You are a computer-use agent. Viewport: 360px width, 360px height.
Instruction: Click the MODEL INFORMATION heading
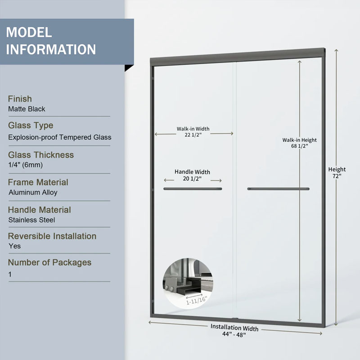click(51, 41)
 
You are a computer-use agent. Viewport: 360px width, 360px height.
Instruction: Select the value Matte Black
click(27, 109)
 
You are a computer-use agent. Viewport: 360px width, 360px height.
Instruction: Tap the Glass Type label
click(31, 126)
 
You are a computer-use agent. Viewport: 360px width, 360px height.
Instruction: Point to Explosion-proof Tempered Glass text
click(60, 137)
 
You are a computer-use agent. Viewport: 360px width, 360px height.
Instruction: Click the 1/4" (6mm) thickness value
click(26, 165)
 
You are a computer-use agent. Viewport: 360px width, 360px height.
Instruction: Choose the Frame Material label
click(38, 182)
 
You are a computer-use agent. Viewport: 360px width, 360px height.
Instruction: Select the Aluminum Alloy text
click(33, 193)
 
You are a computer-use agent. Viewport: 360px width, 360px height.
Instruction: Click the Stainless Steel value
click(31, 220)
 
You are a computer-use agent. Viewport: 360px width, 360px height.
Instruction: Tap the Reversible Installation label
click(52, 236)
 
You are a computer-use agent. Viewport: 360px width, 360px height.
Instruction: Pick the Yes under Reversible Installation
click(15, 246)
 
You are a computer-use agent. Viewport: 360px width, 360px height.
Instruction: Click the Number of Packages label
click(49, 262)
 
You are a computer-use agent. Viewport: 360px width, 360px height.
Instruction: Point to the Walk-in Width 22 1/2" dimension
click(193, 132)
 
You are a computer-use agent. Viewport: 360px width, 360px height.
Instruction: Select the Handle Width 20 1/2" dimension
click(193, 175)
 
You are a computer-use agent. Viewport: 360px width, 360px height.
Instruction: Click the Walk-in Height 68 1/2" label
click(299, 143)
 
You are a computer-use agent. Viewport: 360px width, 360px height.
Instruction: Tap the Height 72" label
click(337, 173)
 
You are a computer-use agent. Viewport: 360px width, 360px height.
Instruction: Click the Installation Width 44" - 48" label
click(234, 331)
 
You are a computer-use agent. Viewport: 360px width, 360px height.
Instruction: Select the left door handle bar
click(193, 189)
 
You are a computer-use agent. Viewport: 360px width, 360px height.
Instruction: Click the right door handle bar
click(278, 189)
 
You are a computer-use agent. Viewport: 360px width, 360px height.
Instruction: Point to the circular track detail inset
click(188, 283)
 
